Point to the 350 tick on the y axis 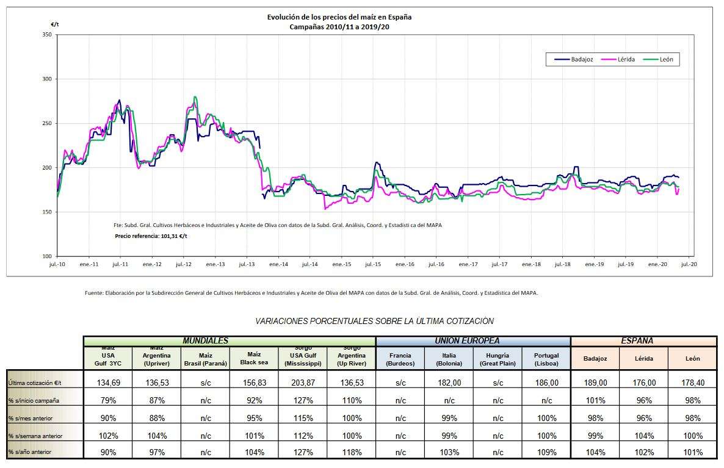pyautogui.click(x=47, y=35)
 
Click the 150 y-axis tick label pyautogui.click(x=47, y=212)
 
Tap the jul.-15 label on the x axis pyautogui.click(x=373, y=265)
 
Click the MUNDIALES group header pyautogui.click(x=206, y=340)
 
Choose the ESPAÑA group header pyautogui.click(x=643, y=340)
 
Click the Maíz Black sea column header pyautogui.click(x=254, y=358)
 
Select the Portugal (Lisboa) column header pyautogui.click(x=546, y=359)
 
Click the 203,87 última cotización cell pyautogui.click(x=303, y=383)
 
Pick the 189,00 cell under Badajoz pyautogui.click(x=595, y=383)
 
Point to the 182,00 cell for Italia pyautogui.click(x=449, y=383)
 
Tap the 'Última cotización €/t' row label pyautogui.click(x=35, y=383)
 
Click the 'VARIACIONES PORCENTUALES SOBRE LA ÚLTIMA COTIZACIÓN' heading pyautogui.click(x=374, y=321)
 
